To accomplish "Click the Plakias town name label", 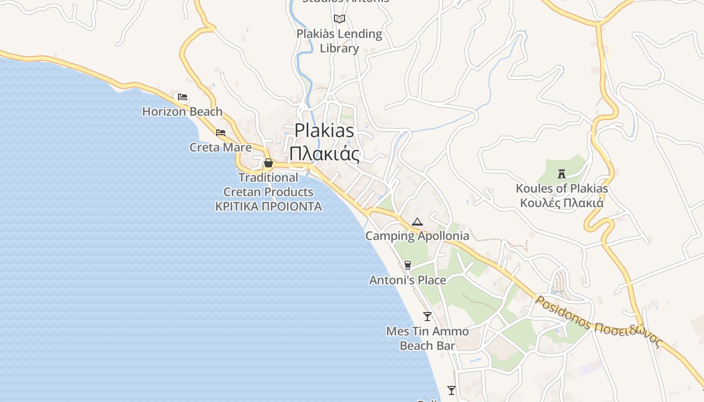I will pos(324,130).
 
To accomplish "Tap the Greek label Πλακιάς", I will pos(324,153).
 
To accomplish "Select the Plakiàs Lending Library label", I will pos(339,41).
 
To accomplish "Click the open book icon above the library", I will pos(339,19).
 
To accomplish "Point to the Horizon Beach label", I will pos(182,112).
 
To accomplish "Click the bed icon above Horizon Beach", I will pos(183,97).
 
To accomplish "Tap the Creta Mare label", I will pos(220,147).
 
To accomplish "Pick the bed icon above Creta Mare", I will pos(221,133).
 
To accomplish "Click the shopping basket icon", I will pos(269,163).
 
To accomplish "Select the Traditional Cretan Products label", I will pos(269,185).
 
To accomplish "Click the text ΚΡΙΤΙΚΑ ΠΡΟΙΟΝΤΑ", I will pos(269,207).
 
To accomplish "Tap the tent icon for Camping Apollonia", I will pos(417,222).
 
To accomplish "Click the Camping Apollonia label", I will pos(417,236).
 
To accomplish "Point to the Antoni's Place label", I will pos(408,280).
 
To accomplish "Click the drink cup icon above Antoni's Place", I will pos(408,265).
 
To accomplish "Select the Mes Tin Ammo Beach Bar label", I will pos(427,338).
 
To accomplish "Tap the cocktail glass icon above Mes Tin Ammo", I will pos(427,316).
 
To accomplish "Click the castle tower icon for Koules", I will pos(562,174).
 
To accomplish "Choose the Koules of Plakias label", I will pos(562,189).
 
